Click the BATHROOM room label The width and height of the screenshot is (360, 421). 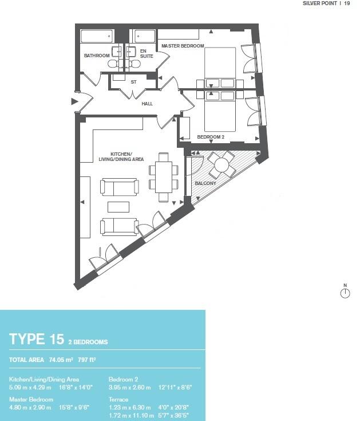pyautogui.click(x=96, y=56)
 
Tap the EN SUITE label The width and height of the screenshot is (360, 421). pyautogui.click(x=146, y=53)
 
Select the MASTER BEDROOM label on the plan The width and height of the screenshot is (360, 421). pyautogui.click(x=183, y=45)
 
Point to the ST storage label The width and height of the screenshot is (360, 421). pyautogui.click(x=133, y=82)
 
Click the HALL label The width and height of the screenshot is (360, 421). pyautogui.click(x=147, y=104)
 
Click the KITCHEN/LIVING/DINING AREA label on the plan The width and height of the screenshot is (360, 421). pyautogui.click(x=121, y=157)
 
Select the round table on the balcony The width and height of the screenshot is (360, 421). pyautogui.click(x=221, y=166)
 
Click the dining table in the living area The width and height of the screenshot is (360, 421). pyautogui.click(x=164, y=177)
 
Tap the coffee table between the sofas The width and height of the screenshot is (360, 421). pyautogui.click(x=119, y=206)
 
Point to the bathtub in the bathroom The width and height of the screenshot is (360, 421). pyautogui.click(x=98, y=36)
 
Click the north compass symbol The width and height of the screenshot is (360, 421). pyautogui.click(x=345, y=293)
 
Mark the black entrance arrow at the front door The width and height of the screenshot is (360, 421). pyautogui.click(x=73, y=102)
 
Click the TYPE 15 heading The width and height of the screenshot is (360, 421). pyautogui.click(x=36, y=339)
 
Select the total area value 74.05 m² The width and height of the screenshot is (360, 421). pyautogui.click(x=62, y=360)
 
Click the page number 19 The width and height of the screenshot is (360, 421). pyautogui.click(x=347, y=3)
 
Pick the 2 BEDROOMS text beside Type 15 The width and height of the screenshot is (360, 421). pyautogui.click(x=88, y=341)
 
